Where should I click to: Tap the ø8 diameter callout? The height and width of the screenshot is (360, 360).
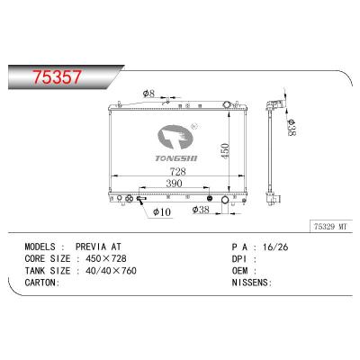point(149,93)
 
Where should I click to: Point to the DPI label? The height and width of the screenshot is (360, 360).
point(218,257)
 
